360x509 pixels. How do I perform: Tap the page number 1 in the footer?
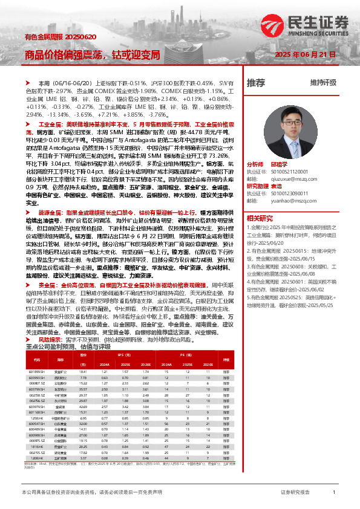[x=334, y=493]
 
